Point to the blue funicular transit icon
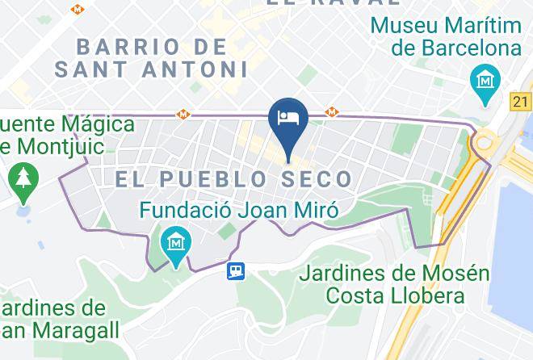click(x=235, y=272)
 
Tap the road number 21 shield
click(x=522, y=101)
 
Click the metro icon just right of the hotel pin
click(x=331, y=112)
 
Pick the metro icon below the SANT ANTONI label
click(x=184, y=114)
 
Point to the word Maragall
click(x=70, y=330)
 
